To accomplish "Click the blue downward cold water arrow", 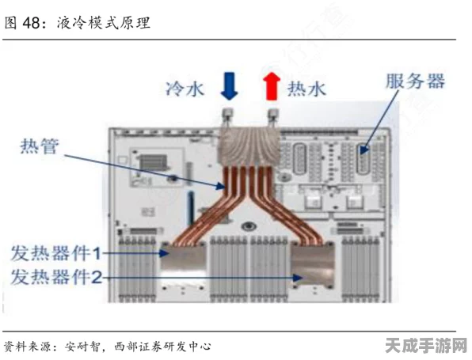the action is (x=230, y=86).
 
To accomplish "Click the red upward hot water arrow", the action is (x=272, y=86).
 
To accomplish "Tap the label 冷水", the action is (x=185, y=89).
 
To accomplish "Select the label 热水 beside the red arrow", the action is (x=306, y=89).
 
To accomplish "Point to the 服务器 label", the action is (x=416, y=81).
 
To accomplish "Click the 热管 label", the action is (x=40, y=146).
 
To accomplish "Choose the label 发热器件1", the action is (x=55, y=253).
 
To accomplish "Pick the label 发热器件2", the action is (x=56, y=277).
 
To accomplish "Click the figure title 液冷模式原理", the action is (x=104, y=23).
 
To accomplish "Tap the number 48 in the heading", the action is (x=32, y=23).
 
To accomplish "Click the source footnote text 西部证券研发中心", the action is (x=162, y=347).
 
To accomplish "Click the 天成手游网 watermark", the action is (x=426, y=346).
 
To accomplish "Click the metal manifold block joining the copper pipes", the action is (x=249, y=146).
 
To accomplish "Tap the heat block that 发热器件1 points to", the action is (x=183, y=255).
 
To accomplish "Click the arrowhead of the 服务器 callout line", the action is (x=364, y=150).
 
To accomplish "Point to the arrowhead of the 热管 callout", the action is (x=221, y=186).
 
